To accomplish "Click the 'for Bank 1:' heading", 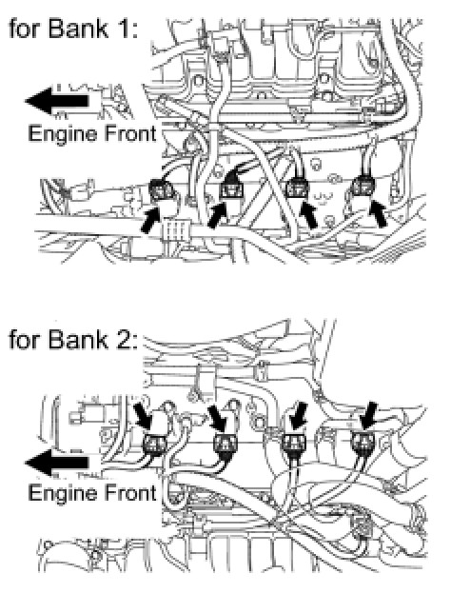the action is click(x=73, y=29).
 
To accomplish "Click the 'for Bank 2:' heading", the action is click(x=73, y=339).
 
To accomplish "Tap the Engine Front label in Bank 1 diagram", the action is click(x=92, y=134).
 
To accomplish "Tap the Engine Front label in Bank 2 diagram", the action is click(x=92, y=493).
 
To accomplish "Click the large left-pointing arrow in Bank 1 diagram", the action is click(x=57, y=101).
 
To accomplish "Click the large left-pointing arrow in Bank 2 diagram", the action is click(x=57, y=463).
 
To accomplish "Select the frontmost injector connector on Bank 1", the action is click(x=162, y=189).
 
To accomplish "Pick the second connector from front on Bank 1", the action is click(x=231, y=189).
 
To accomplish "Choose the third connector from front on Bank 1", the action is click(x=297, y=188).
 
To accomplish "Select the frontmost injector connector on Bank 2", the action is click(x=155, y=445).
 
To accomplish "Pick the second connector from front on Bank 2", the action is click(x=225, y=445).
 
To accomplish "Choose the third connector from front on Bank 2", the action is click(x=294, y=445).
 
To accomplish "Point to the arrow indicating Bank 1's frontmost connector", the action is click(x=149, y=220).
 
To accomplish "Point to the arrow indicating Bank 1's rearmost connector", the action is click(x=379, y=213).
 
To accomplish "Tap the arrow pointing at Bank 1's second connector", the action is click(x=218, y=214).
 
